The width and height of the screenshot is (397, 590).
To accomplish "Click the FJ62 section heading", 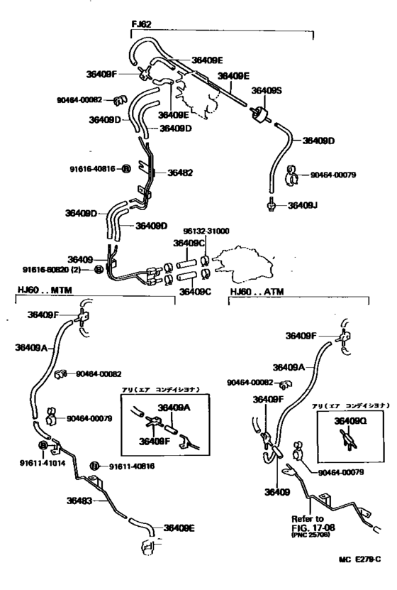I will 142,23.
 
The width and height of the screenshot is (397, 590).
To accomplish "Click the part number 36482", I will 179,173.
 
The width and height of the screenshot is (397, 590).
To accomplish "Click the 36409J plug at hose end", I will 272,207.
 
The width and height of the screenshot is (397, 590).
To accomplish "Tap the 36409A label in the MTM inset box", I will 171,407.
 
